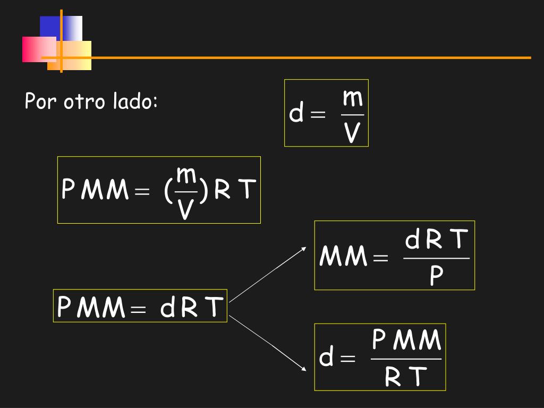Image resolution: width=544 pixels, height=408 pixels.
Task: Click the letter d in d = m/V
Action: click(296, 114)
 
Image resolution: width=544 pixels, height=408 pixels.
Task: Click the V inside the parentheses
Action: click(185, 209)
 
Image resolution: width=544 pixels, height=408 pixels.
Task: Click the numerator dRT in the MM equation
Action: click(436, 240)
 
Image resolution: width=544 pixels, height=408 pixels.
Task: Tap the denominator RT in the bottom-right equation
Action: click(406, 377)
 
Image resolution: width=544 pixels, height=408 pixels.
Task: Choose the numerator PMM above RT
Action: click(406, 340)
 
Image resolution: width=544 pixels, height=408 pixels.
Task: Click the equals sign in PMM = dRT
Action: click(138, 309)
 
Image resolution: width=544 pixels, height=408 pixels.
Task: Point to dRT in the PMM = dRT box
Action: click(192, 307)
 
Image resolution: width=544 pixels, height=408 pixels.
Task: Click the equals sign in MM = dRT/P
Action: click(380, 259)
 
